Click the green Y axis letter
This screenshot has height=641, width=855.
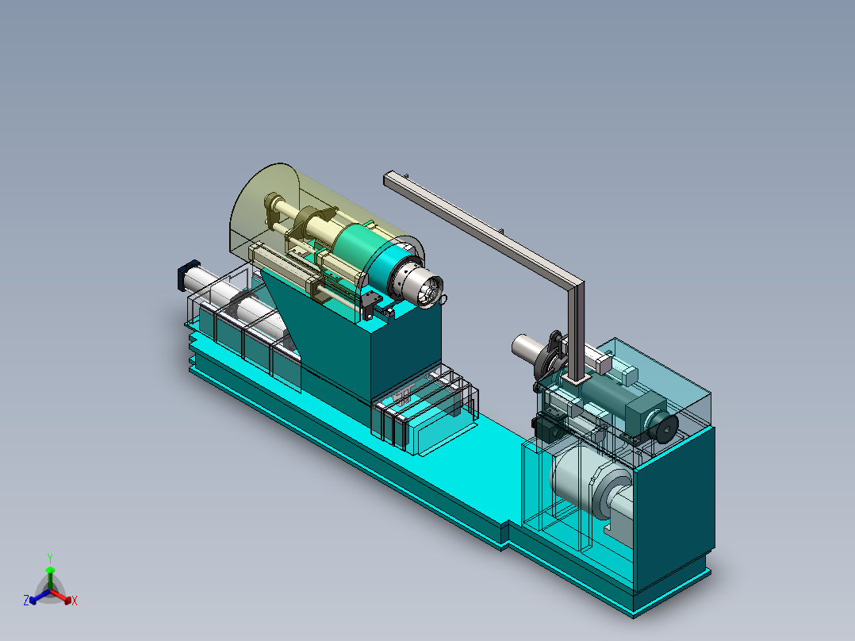click(x=50, y=558)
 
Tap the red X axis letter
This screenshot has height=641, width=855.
click(x=75, y=601)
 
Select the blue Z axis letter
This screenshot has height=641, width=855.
click(x=25, y=600)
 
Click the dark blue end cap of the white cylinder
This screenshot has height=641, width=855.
click(x=186, y=275)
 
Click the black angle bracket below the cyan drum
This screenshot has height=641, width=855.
click(x=372, y=305)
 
